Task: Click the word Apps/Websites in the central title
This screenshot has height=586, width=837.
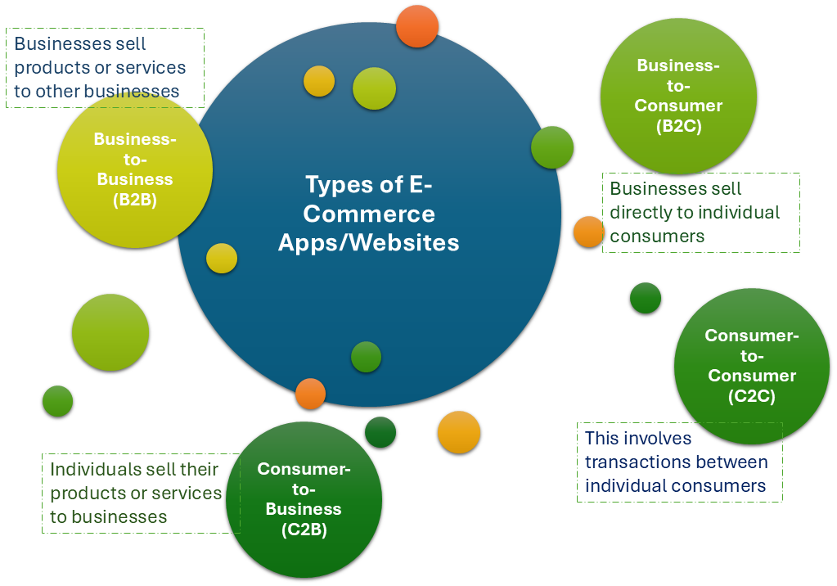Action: [x=368, y=243]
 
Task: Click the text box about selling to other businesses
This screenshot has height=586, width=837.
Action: [x=105, y=68]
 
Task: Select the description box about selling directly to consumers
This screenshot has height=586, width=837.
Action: [x=700, y=213]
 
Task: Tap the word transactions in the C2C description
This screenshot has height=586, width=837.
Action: [x=635, y=462]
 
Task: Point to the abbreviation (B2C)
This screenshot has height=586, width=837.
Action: [x=678, y=126]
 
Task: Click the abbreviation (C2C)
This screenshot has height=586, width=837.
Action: [x=751, y=396]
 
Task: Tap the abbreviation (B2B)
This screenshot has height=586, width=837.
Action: [x=134, y=200]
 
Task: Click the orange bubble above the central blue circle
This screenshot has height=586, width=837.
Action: [x=417, y=26]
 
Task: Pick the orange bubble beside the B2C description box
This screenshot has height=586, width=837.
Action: [x=588, y=232]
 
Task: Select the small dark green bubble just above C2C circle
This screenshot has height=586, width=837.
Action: [x=646, y=298]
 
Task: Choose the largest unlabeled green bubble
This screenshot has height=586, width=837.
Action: [x=110, y=332]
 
